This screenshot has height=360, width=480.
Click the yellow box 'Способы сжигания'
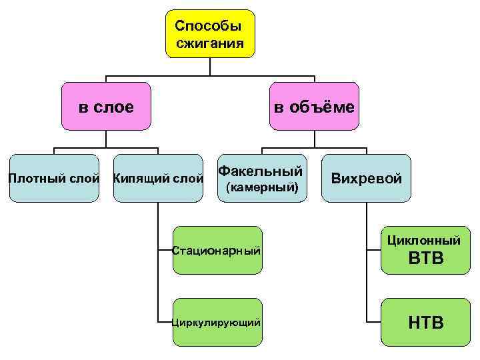(x=210, y=34)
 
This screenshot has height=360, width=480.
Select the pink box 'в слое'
(x=107, y=106)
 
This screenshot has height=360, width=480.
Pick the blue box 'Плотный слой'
(x=53, y=178)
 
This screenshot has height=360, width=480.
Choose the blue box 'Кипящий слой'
(x=158, y=178)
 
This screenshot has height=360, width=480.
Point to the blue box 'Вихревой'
(x=367, y=178)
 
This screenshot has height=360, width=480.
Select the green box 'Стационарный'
(x=217, y=250)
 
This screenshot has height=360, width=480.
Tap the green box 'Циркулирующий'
(x=217, y=322)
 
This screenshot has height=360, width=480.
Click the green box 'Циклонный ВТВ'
(x=425, y=250)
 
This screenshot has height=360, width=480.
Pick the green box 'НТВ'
(x=425, y=322)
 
